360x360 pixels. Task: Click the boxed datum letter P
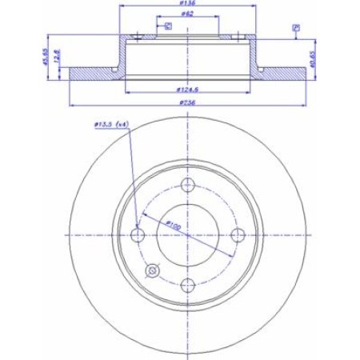pos(295,28)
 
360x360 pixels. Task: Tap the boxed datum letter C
pos(168,27)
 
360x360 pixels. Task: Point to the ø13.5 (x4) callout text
pos(110,125)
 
